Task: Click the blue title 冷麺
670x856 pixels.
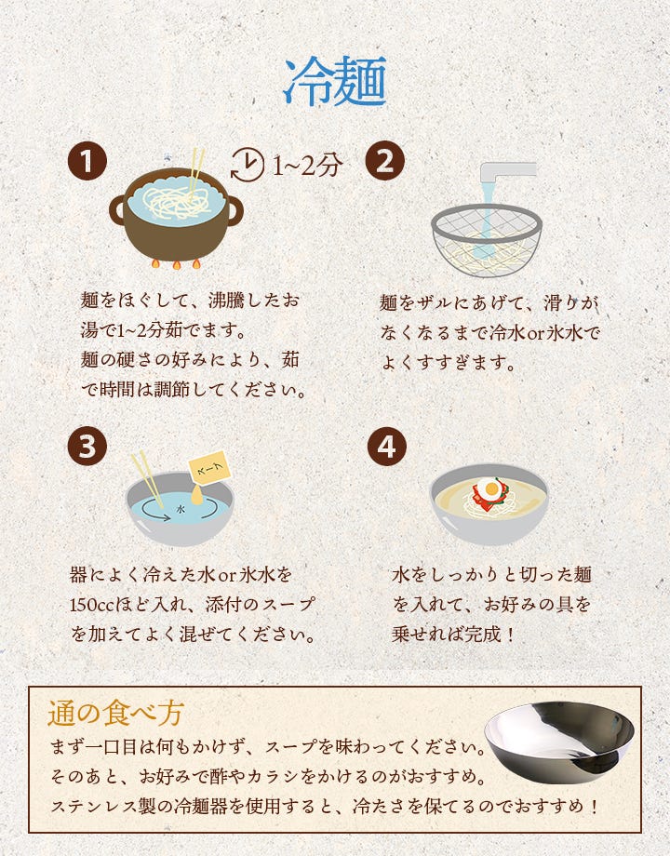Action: [334, 83]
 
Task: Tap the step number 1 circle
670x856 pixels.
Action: [87, 163]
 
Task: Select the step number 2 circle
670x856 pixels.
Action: [385, 163]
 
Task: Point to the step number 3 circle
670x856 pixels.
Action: [87, 448]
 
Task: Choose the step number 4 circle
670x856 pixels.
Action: [385, 448]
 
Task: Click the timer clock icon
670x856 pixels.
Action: [247, 164]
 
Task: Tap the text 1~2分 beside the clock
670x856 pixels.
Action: [307, 165]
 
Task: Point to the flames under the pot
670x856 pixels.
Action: [176, 264]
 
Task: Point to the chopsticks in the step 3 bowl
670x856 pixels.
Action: [146, 478]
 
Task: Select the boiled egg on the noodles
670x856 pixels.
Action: [487, 487]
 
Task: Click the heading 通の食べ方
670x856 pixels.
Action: [115, 713]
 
